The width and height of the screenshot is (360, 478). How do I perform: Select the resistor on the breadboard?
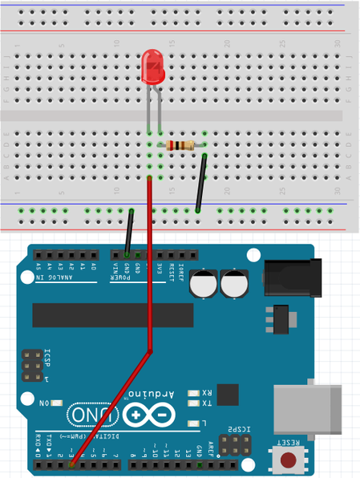(x=181, y=145)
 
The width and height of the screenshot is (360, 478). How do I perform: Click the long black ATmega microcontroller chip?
(x=112, y=315)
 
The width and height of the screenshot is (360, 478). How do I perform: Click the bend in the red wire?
(x=151, y=350)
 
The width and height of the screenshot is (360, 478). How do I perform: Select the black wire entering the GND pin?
(x=128, y=233)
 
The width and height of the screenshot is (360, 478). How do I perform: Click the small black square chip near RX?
(x=228, y=394)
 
